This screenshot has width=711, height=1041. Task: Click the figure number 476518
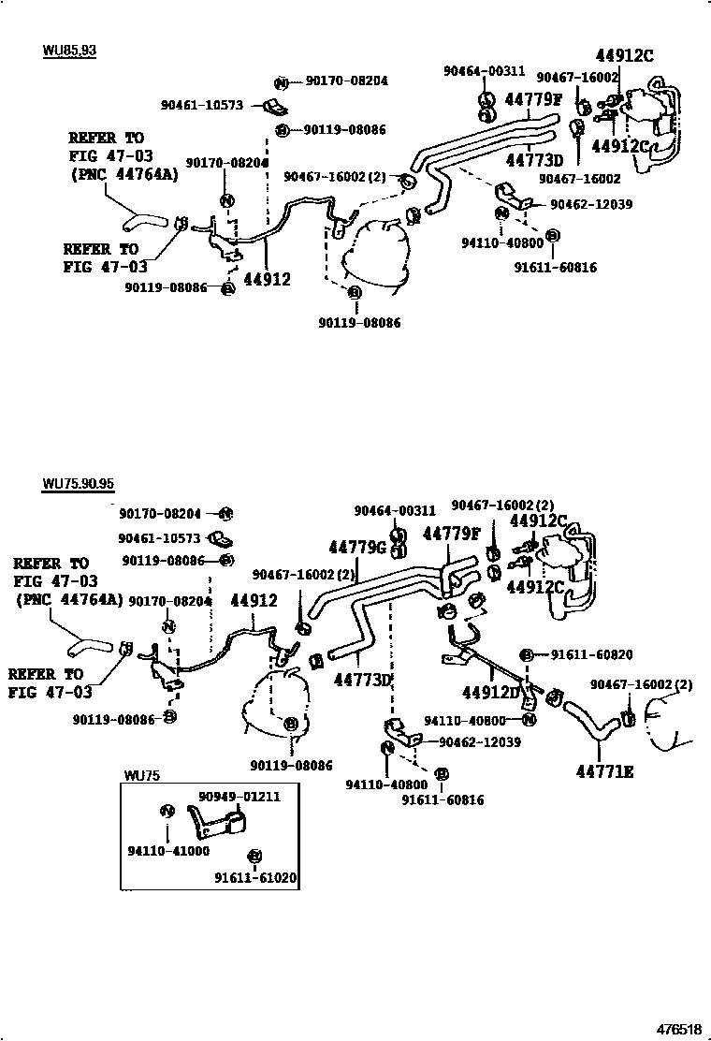point(677,1029)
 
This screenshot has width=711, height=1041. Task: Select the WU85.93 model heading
point(68,50)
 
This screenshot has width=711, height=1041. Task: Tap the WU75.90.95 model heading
point(78,484)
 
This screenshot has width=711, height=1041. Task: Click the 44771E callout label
point(603,771)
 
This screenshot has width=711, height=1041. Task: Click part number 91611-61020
point(255,878)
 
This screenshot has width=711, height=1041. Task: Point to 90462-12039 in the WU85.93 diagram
point(590,205)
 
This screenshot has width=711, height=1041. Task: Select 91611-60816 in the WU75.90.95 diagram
point(443,799)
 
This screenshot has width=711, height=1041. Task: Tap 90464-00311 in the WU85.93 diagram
point(484,70)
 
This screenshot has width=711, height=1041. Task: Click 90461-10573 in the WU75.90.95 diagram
point(159,538)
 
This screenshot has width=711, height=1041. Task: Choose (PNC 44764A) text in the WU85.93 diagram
point(123,173)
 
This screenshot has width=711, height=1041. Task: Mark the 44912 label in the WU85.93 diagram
point(267,278)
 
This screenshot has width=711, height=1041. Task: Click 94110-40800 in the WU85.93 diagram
point(502,242)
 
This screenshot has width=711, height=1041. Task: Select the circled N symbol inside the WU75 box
point(167,811)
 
